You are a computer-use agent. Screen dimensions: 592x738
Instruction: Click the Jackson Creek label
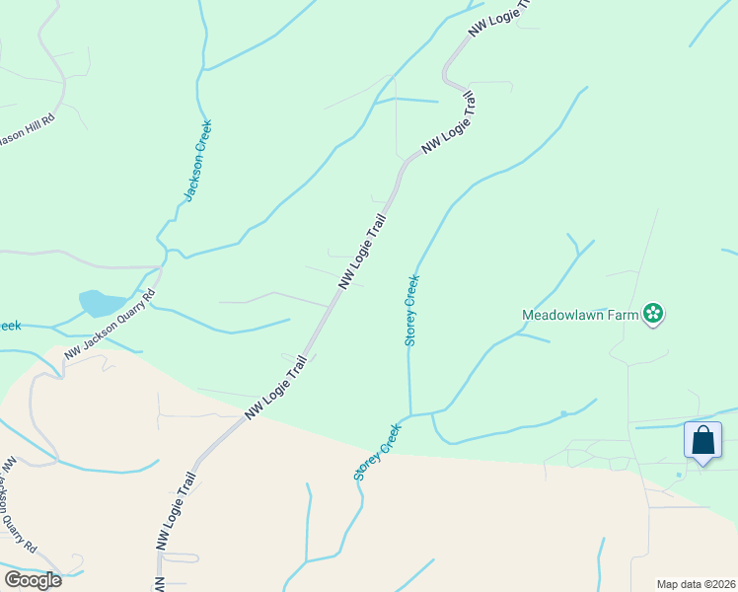pyautogui.click(x=198, y=160)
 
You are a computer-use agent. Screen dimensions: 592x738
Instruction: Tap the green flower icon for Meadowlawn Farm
pyautogui.click(x=652, y=315)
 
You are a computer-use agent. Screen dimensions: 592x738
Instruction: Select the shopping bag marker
pyautogui.click(x=702, y=440)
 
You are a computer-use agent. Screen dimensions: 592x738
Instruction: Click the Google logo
pyautogui.click(x=33, y=579)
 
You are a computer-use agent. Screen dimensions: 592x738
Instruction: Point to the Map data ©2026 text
pyautogui.click(x=697, y=584)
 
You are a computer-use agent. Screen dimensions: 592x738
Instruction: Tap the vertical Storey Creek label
pyautogui.click(x=412, y=310)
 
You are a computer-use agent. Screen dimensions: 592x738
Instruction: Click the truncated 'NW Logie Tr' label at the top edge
pyautogui.click(x=499, y=19)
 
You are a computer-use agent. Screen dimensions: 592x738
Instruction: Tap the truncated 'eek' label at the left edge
pyautogui.click(x=10, y=326)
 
